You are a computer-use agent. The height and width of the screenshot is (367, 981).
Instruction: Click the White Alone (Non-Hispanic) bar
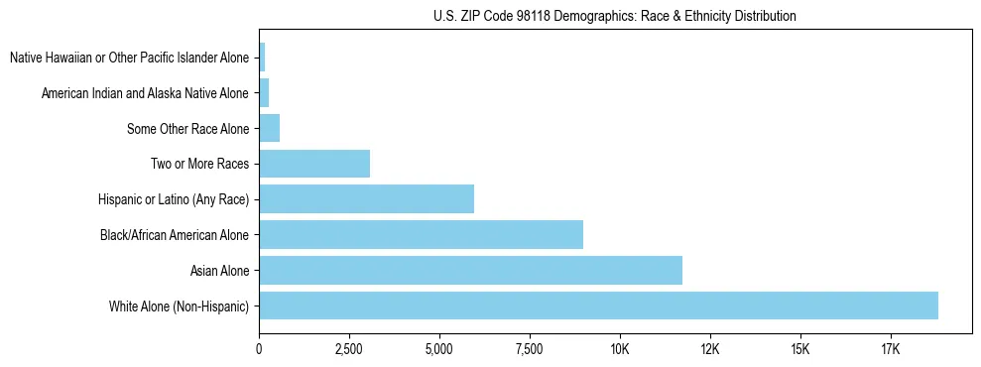(x=598, y=306)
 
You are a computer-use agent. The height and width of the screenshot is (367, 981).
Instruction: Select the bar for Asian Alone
(x=470, y=270)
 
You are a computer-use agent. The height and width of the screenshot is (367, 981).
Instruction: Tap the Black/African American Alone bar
(x=421, y=234)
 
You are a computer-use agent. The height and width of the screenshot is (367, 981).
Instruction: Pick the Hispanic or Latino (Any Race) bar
(x=366, y=198)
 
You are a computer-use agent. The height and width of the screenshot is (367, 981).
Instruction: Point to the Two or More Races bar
(x=314, y=164)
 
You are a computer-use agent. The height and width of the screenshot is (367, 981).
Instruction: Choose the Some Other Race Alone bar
(x=270, y=128)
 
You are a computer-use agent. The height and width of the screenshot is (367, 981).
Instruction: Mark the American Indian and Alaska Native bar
(x=264, y=93)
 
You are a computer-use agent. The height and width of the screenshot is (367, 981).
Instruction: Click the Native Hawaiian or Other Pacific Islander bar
(x=262, y=58)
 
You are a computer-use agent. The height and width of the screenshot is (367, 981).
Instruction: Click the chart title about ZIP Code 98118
(x=615, y=17)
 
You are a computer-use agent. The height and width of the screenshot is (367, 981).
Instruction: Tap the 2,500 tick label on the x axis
(x=349, y=349)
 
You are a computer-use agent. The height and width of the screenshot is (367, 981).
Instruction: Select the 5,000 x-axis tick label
(x=439, y=349)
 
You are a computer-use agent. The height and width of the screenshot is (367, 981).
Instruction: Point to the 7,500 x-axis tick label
(x=530, y=349)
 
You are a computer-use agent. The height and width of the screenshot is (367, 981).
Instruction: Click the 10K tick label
(x=620, y=349)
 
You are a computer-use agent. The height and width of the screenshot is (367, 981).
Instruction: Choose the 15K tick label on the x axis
(x=800, y=349)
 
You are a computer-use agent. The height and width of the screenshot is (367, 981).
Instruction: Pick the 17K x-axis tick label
(x=891, y=349)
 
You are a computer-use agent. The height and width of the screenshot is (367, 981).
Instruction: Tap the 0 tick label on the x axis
(x=259, y=349)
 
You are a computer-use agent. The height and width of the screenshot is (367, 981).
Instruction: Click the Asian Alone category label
(x=220, y=271)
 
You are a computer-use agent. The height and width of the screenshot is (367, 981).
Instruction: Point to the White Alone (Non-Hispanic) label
(x=180, y=306)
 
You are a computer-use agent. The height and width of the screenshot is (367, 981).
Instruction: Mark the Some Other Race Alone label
(x=188, y=129)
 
